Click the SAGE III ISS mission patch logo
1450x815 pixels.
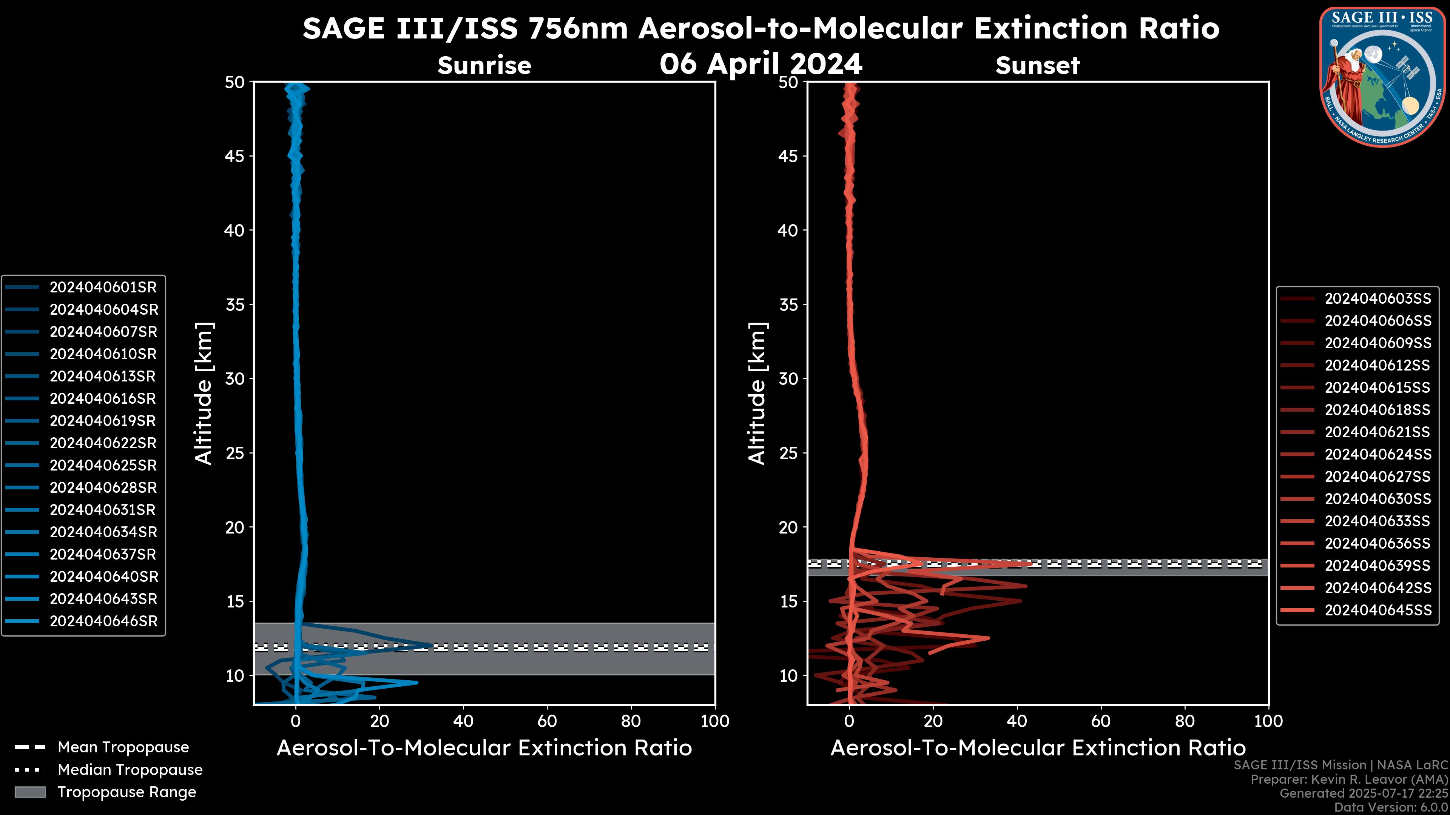pos(1382,77)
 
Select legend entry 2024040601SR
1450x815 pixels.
pos(103,288)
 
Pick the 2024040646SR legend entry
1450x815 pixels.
pos(103,621)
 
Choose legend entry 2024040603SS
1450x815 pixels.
pos(1377,299)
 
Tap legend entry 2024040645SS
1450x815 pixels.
pos(1377,610)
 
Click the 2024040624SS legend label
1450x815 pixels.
pos(1377,454)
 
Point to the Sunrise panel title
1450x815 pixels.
pos(484,66)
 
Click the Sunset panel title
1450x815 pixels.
pos(1037,66)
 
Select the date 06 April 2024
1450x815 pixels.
pos(760,63)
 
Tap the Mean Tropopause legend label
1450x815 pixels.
pos(123,747)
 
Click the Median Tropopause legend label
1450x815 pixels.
pos(130,770)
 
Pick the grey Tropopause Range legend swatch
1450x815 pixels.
pos(30,792)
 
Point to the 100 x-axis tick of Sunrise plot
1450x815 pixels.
pos(714,721)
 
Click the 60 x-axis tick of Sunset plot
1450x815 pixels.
pos(1101,721)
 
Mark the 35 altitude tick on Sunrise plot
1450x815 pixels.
pos(235,305)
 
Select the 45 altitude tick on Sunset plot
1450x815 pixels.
pos(788,156)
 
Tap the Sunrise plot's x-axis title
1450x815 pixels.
pos(484,748)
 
